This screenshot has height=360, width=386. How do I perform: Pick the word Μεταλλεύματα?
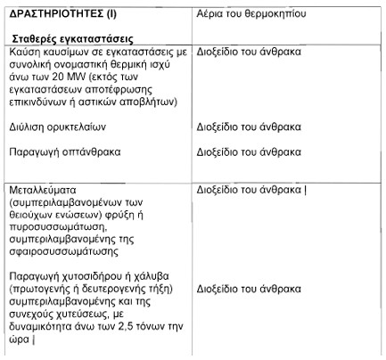44,191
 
